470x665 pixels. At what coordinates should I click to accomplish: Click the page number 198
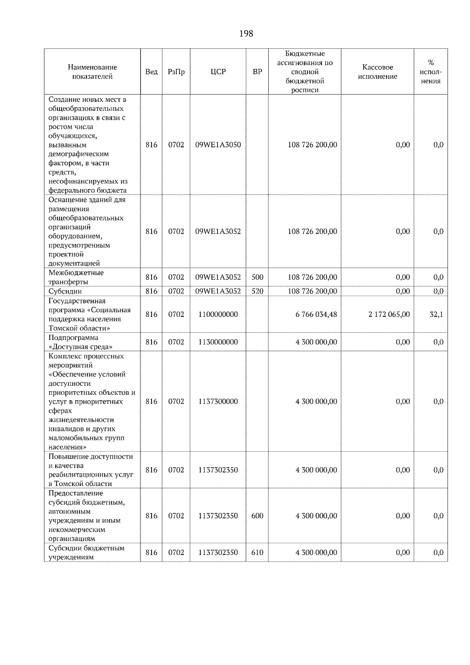[x=246, y=34]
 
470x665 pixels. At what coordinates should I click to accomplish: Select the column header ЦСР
[x=218, y=72]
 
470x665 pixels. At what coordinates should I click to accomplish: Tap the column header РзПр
[x=176, y=72]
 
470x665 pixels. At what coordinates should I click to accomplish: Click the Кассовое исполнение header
[x=377, y=72]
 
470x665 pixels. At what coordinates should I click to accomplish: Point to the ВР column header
[x=257, y=72]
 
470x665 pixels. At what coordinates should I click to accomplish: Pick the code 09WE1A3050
[x=218, y=145]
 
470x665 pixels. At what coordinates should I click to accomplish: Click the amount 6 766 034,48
[x=316, y=314]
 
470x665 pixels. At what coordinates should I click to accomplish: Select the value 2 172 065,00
[x=389, y=314]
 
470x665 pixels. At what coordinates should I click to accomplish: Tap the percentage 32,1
[x=436, y=314]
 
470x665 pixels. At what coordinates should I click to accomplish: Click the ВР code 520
[x=257, y=291]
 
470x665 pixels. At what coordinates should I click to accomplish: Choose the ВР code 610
[x=257, y=552]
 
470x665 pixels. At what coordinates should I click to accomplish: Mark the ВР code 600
[x=257, y=516]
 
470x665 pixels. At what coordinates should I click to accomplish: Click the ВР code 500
[x=257, y=277]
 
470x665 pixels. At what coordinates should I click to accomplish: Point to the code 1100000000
[x=218, y=314]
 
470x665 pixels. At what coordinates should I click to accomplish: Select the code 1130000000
[x=218, y=342]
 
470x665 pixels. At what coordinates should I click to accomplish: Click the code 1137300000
[x=218, y=401]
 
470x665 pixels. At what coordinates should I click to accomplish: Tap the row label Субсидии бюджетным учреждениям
[x=86, y=552]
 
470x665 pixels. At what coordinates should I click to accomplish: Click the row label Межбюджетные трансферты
[x=76, y=277]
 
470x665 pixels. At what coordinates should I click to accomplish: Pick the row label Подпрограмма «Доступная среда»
[x=80, y=342]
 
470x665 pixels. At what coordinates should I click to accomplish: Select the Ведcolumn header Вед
[x=151, y=72]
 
